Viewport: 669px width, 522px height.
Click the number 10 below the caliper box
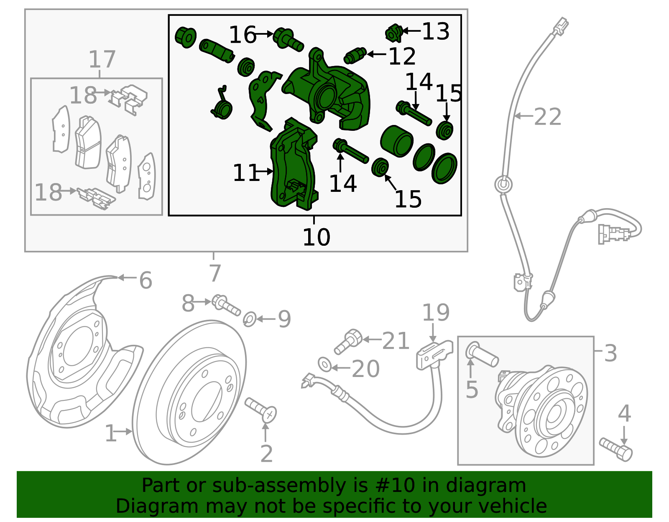click(x=316, y=237)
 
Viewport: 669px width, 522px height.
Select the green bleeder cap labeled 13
click(x=393, y=33)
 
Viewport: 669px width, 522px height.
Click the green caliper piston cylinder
click(x=397, y=141)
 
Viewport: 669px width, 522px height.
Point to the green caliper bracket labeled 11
click(x=293, y=167)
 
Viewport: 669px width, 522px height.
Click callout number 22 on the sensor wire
click(x=547, y=117)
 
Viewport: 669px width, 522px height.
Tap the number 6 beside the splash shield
click(x=146, y=280)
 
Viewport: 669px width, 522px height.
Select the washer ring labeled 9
click(x=250, y=319)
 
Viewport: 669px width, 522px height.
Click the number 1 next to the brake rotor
click(x=110, y=433)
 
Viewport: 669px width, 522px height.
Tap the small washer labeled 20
click(x=324, y=364)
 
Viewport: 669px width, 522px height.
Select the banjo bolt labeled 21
click(x=348, y=341)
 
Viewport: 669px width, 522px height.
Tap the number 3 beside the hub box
click(x=610, y=353)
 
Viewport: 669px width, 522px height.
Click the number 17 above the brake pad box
click(x=102, y=59)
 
